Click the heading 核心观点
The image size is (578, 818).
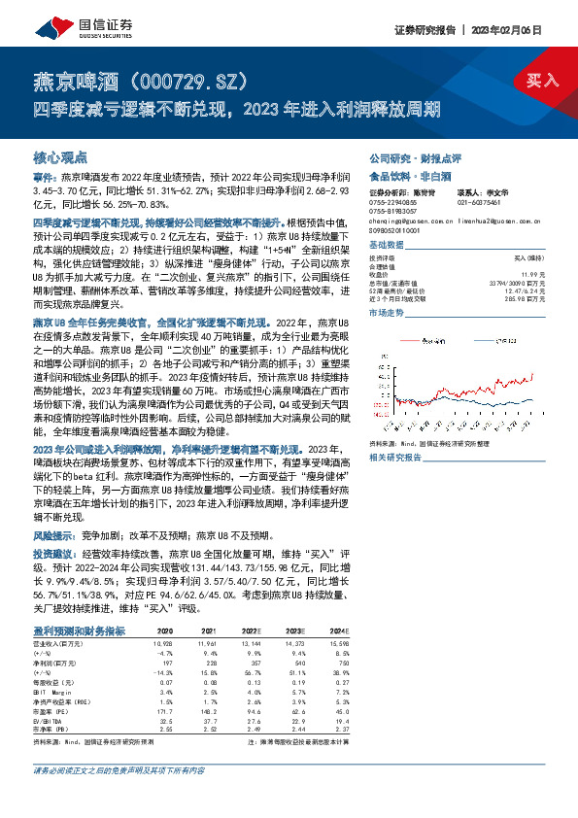point(60,156)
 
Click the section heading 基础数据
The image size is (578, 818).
point(387,245)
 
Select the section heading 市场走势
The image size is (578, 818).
point(387,315)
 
